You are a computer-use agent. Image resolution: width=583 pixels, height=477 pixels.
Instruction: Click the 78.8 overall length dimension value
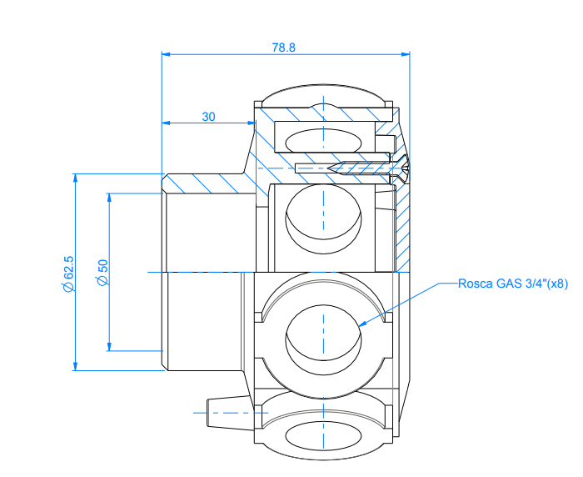pos(283,48)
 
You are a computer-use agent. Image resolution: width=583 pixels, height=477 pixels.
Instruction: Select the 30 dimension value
pos(208,117)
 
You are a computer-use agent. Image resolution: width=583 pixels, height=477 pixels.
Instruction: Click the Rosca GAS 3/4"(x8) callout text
pos(512,284)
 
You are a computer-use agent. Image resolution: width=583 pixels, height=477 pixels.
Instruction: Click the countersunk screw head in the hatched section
pos(401,168)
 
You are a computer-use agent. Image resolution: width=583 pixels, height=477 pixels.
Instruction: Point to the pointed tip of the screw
pos(330,168)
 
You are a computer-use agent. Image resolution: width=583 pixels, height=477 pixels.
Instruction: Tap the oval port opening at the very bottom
pos(323,436)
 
